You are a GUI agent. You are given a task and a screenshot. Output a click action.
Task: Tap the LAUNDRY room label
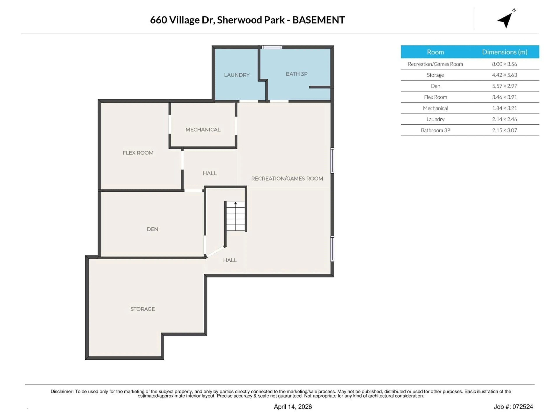[x=237, y=75]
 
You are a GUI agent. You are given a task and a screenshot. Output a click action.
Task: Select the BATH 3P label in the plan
[x=296, y=74]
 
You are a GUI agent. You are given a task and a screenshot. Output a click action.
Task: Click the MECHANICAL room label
[x=203, y=130]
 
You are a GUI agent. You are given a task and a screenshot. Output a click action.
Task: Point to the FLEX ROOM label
[x=138, y=153]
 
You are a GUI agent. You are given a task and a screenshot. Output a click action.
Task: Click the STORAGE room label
[x=142, y=309]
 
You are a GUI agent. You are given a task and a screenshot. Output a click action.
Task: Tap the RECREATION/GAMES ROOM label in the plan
[x=287, y=178]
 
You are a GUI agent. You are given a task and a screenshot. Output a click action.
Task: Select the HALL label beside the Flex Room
[x=210, y=173]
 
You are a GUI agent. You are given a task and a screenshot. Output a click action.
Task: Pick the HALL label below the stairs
[x=230, y=260]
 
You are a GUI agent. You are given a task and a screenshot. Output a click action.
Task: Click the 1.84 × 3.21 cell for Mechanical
[x=504, y=108]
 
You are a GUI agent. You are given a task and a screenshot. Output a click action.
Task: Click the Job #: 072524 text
[x=513, y=407]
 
